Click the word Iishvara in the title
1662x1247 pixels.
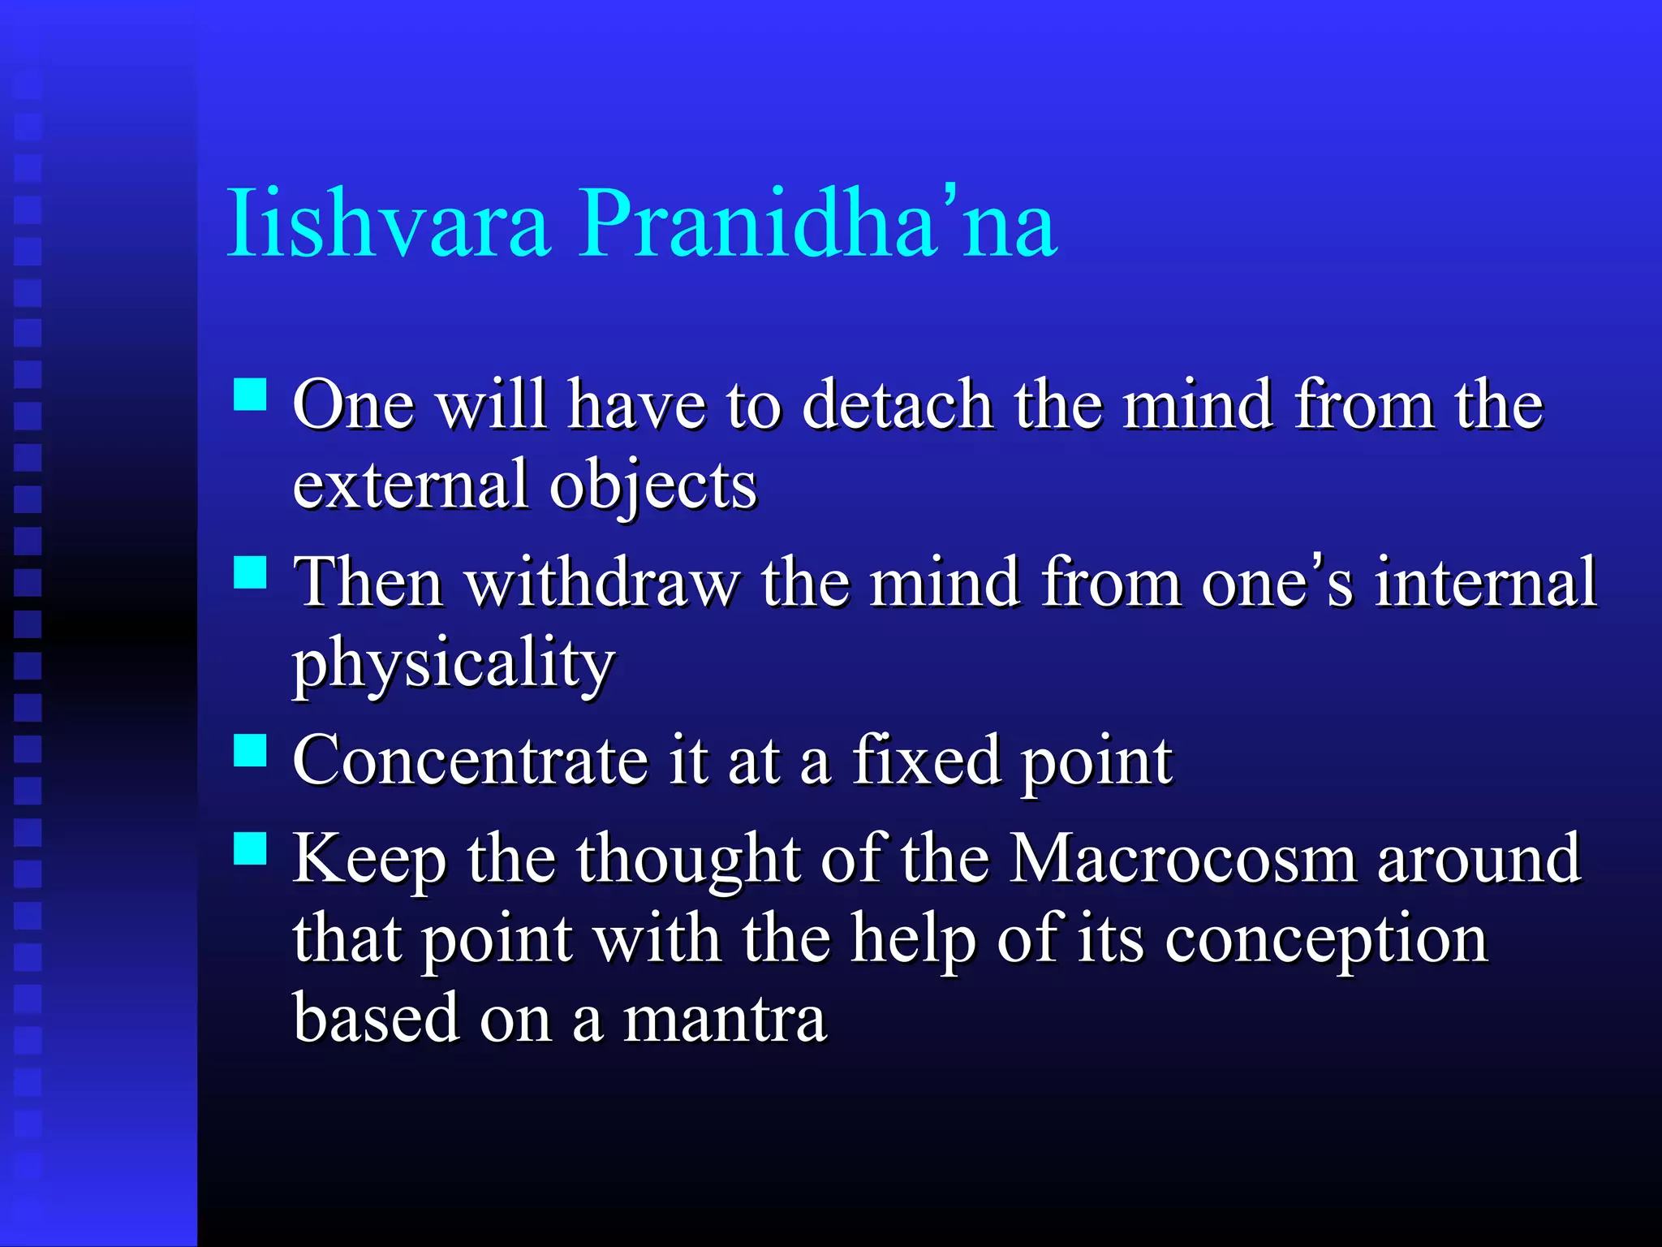coord(388,223)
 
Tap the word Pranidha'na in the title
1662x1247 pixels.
coord(816,223)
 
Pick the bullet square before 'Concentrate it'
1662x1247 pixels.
coord(250,750)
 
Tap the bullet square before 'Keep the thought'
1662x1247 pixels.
coord(250,848)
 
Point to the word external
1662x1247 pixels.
coord(410,485)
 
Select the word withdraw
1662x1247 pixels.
coord(602,582)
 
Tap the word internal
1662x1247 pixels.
coord(1485,582)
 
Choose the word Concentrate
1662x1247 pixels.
coord(471,761)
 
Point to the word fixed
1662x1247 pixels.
coord(925,761)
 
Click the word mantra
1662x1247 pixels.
coord(724,1020)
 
